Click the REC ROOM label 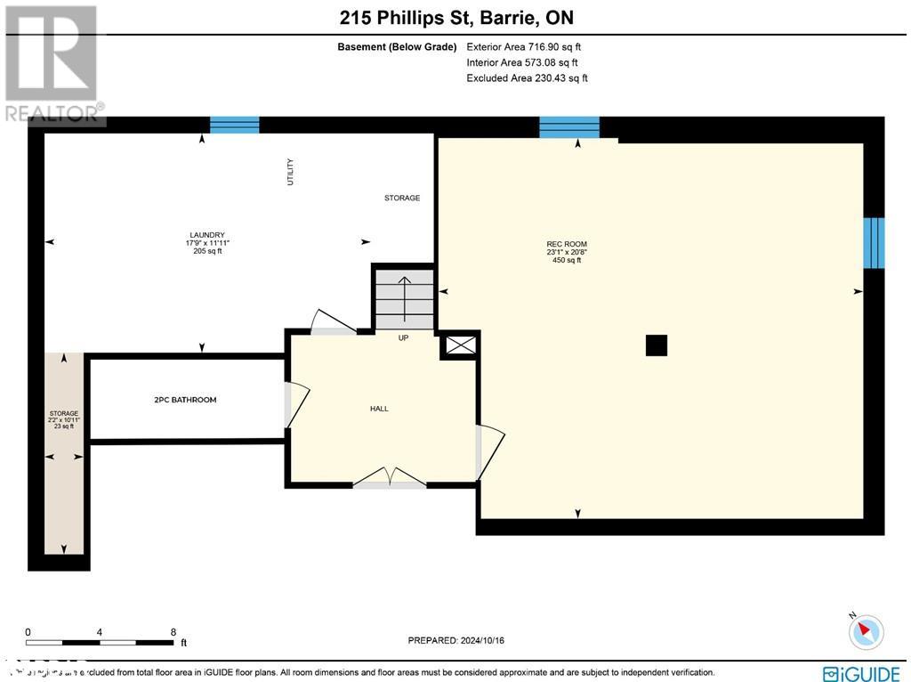(567, 244)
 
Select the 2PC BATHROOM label (185, 400)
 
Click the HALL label (379, 409)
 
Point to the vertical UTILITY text (290, 172)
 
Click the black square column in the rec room (656, 345)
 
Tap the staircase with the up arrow (404, 298)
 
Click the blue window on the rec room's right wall (875, 242)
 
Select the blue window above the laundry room (234, 125)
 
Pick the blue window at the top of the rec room (569, 127)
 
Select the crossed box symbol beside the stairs (460, 346)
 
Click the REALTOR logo (52, 63)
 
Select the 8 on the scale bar (173, 632)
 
